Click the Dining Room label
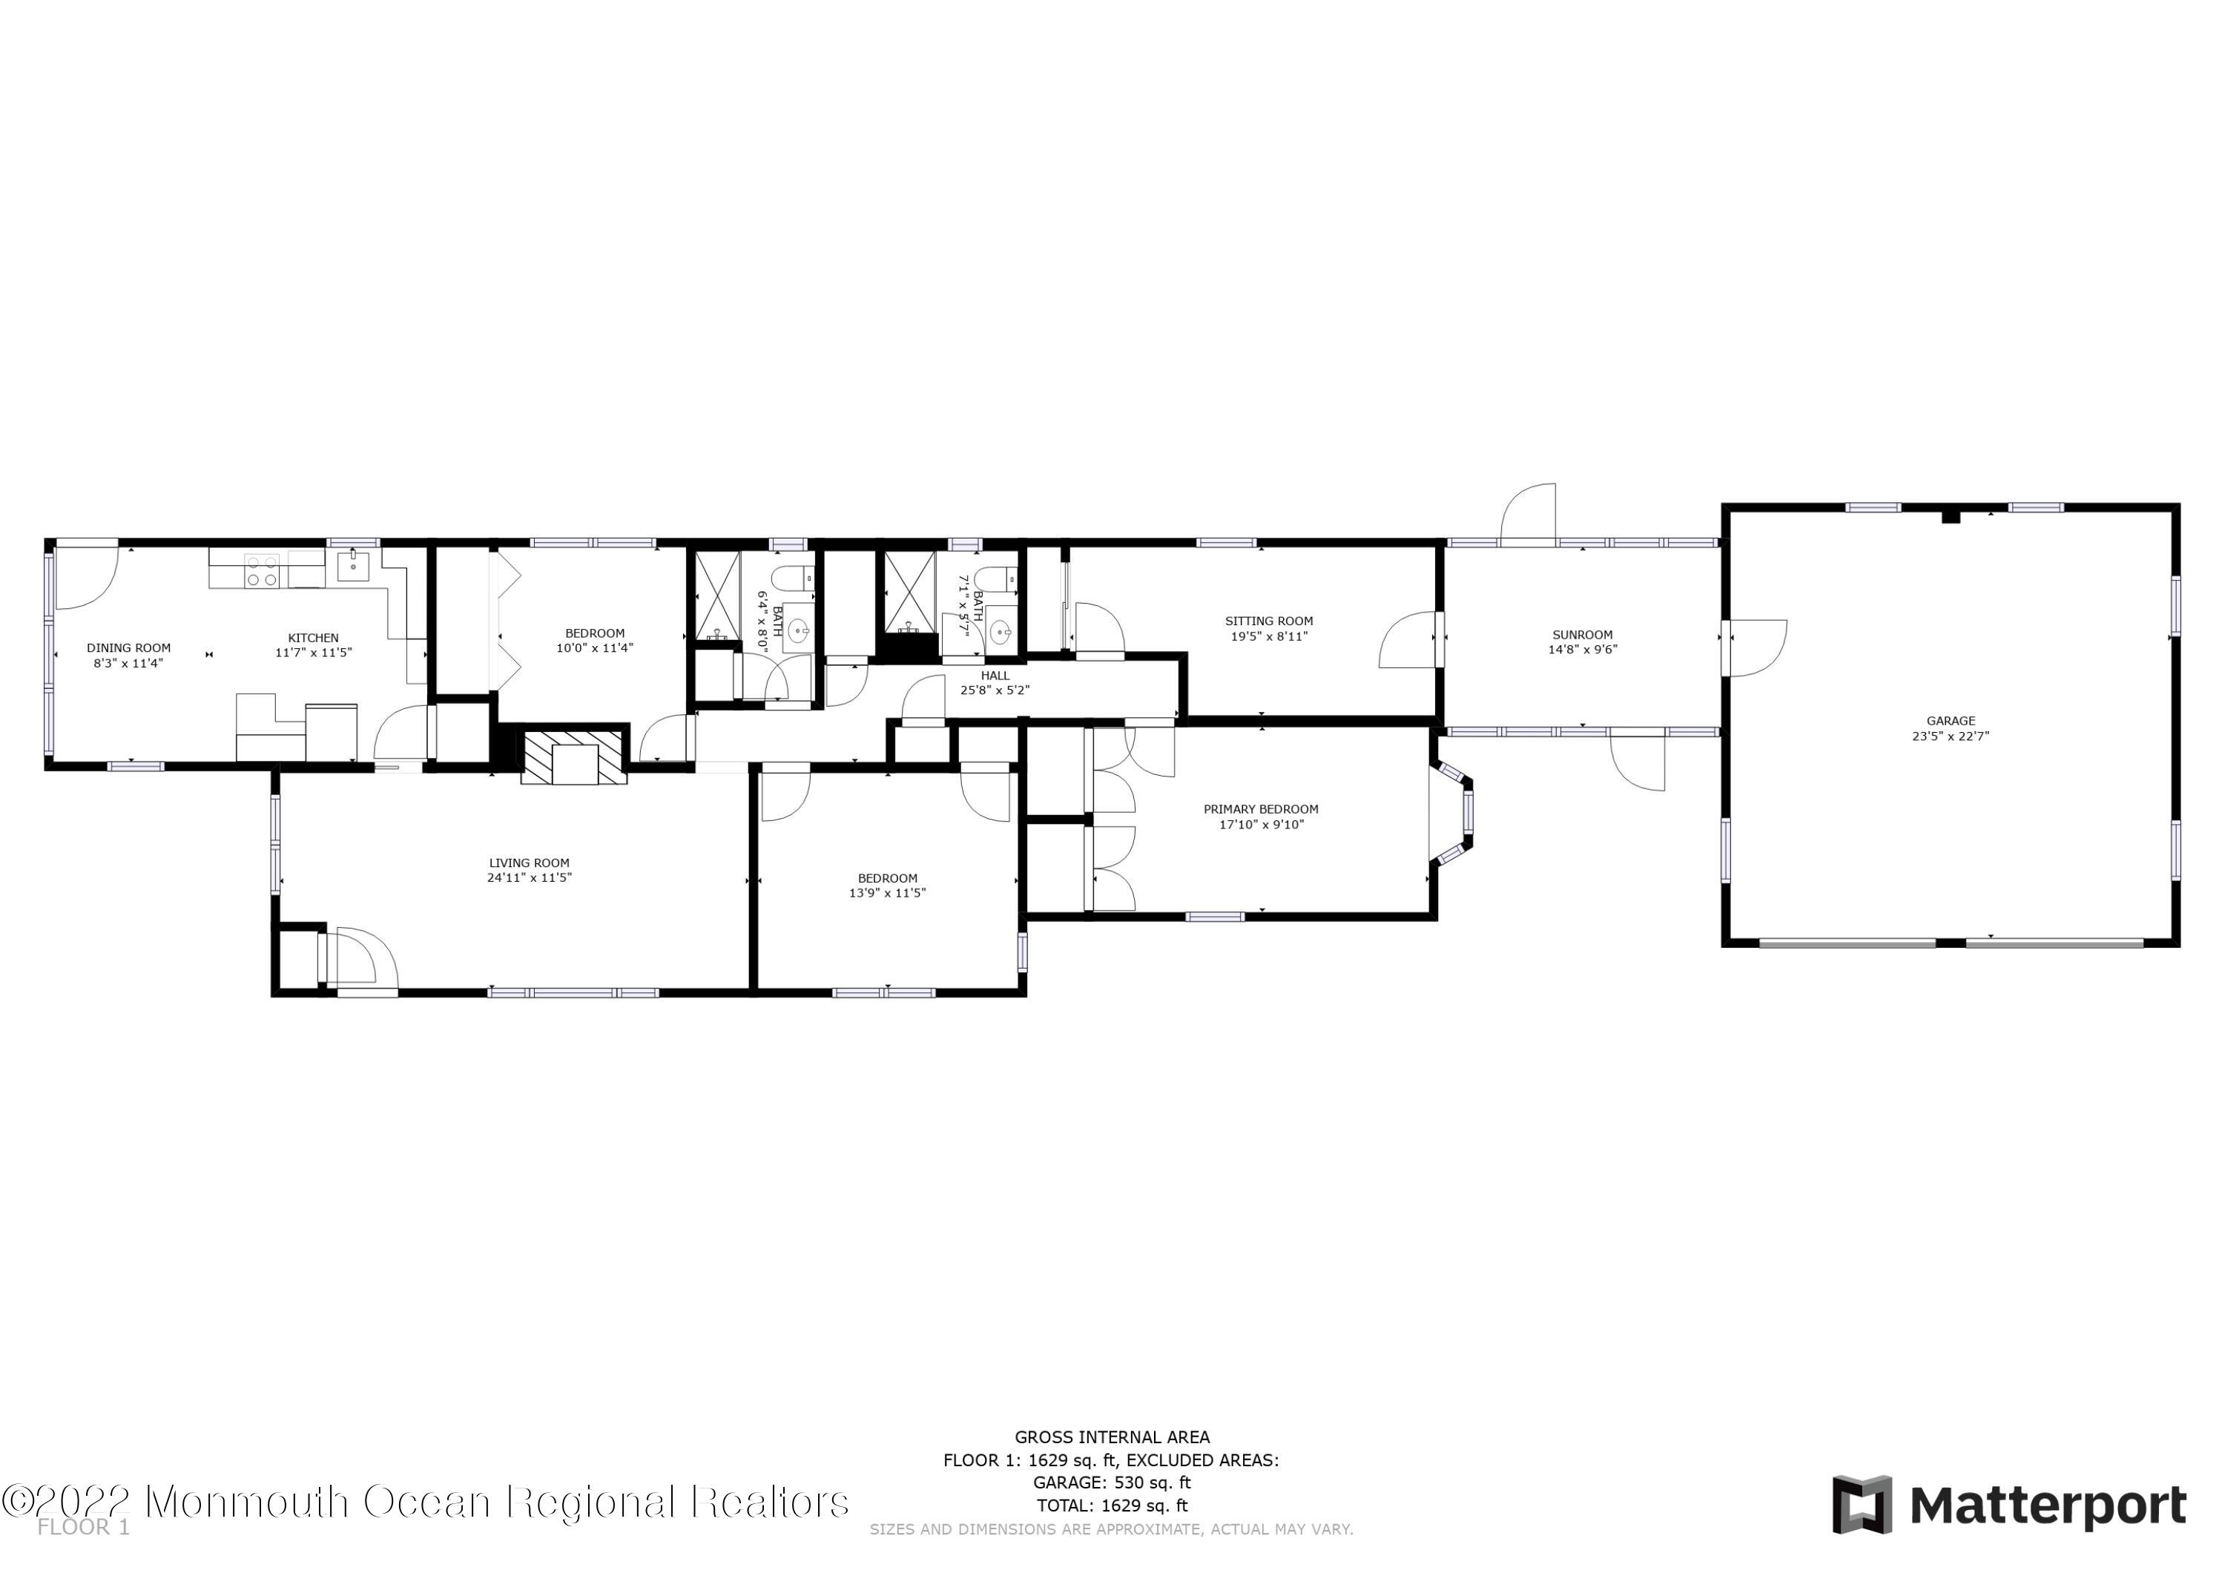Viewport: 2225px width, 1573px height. pos(129,648)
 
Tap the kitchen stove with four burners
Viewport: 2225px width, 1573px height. pos(262,571)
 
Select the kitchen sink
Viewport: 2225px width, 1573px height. pos(353,566)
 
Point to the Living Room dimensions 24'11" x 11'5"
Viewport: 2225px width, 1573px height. pos(529,878)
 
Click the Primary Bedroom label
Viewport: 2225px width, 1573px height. pos(1261,809)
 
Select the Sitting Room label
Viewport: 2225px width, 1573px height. pos(1268,621)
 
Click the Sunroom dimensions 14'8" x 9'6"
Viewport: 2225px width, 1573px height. pos(1583,650)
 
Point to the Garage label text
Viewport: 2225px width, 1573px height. pos(1951,721)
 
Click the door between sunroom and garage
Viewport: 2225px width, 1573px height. pos(1756,648)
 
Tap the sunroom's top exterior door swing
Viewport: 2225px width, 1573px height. pos(1529,514)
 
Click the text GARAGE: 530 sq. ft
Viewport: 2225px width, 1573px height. pos(1112,1483)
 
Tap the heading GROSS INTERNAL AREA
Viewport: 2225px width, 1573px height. pos(1112,1437)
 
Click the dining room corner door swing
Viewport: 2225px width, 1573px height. pos(85,578)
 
